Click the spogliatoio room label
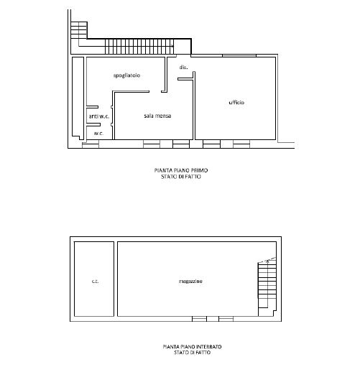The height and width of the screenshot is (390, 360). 126,75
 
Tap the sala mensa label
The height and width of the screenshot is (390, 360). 157,116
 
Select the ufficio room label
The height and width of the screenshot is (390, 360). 236,102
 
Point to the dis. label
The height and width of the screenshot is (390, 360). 184,68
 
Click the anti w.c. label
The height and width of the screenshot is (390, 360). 99,116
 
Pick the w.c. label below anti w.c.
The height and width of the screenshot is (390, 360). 98,134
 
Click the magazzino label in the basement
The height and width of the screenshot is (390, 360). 190,282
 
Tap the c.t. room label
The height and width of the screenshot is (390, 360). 95,282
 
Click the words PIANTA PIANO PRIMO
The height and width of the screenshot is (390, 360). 181,170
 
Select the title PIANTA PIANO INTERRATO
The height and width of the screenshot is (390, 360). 192,346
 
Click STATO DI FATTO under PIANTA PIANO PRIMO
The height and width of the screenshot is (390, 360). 181,177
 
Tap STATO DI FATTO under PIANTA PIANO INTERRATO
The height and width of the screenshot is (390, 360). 192,353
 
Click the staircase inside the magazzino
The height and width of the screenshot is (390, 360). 267,287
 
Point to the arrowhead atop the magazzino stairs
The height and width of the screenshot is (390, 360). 267,261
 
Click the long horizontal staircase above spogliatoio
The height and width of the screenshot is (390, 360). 139,46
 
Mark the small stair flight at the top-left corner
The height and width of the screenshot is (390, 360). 79,30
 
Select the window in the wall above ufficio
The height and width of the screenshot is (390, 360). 239,55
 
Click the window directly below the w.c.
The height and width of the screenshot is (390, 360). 91,144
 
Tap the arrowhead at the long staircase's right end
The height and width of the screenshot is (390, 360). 172,46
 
